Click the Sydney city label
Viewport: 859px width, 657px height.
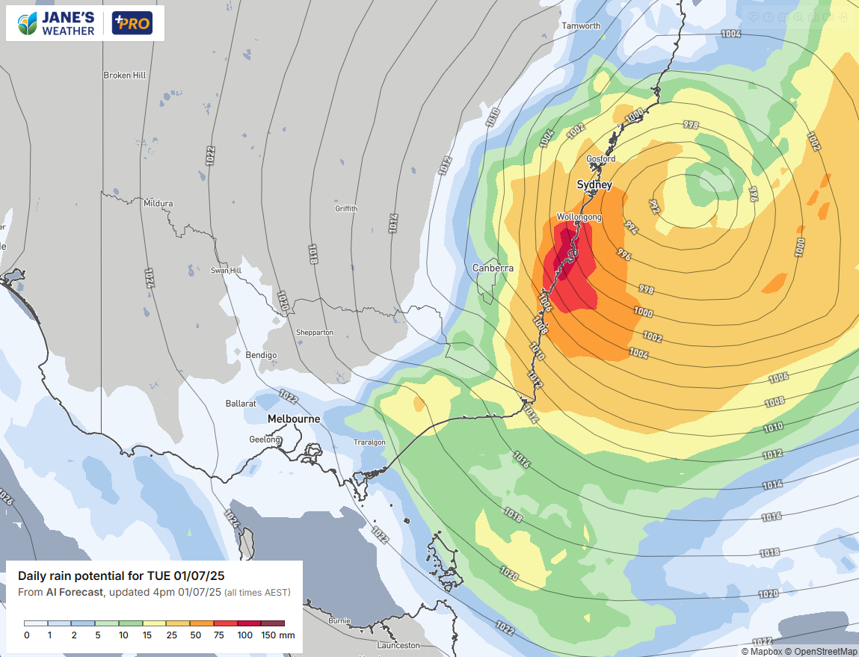coord(594,185)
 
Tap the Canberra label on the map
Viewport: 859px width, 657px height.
coord(493,268)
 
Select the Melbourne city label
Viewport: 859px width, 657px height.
coord(294,419)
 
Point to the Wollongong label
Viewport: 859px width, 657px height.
coord(578,217)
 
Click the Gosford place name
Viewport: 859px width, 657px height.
coord(600,159)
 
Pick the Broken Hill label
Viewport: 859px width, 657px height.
coord(124,75)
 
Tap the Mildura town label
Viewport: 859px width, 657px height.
coord(158,203)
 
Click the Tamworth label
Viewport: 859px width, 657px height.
coord(581,26)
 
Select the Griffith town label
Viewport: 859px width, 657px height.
coord(346,209)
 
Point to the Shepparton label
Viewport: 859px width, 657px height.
coord(315,333)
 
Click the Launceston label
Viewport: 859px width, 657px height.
coord(398,645)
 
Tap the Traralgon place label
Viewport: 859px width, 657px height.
coord(369,442)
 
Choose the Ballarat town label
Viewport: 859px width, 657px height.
coord(241,404)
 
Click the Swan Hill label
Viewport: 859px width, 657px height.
coord(225,271)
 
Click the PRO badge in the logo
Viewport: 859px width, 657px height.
coord(132,23)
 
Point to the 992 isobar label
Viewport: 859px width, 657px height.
coord(654,205)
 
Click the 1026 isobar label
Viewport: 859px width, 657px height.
coord(6,496)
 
